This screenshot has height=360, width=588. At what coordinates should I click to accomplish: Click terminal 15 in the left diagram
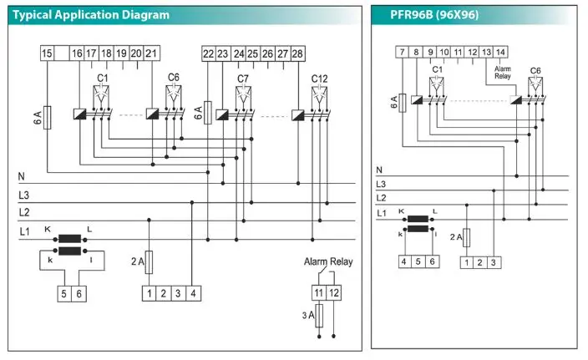tap(48, 53)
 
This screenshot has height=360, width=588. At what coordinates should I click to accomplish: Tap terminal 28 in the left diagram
tap(297, 53)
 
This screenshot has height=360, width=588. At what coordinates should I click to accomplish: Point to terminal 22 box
tap(208, 53)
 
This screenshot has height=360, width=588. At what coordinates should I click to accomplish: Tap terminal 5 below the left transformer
tap(63, 293)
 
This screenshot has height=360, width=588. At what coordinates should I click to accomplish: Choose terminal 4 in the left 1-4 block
tap(193, 293)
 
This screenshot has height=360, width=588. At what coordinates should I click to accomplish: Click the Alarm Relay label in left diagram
tap(328, 261)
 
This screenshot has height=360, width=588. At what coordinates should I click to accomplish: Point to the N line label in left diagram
tap(22, 176)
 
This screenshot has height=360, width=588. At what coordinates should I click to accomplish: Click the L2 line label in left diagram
tap(23, 212)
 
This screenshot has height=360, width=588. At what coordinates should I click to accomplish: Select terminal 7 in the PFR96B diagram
tap(403, 52)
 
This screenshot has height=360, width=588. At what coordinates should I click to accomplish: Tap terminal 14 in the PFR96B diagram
tap(499, 52)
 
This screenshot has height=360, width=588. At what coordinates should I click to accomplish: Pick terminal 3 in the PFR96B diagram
tap(494, 262)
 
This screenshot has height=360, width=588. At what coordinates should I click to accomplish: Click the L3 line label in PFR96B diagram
tap(381, 184)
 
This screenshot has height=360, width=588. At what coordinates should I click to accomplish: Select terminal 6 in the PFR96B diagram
tap(432, 262)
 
